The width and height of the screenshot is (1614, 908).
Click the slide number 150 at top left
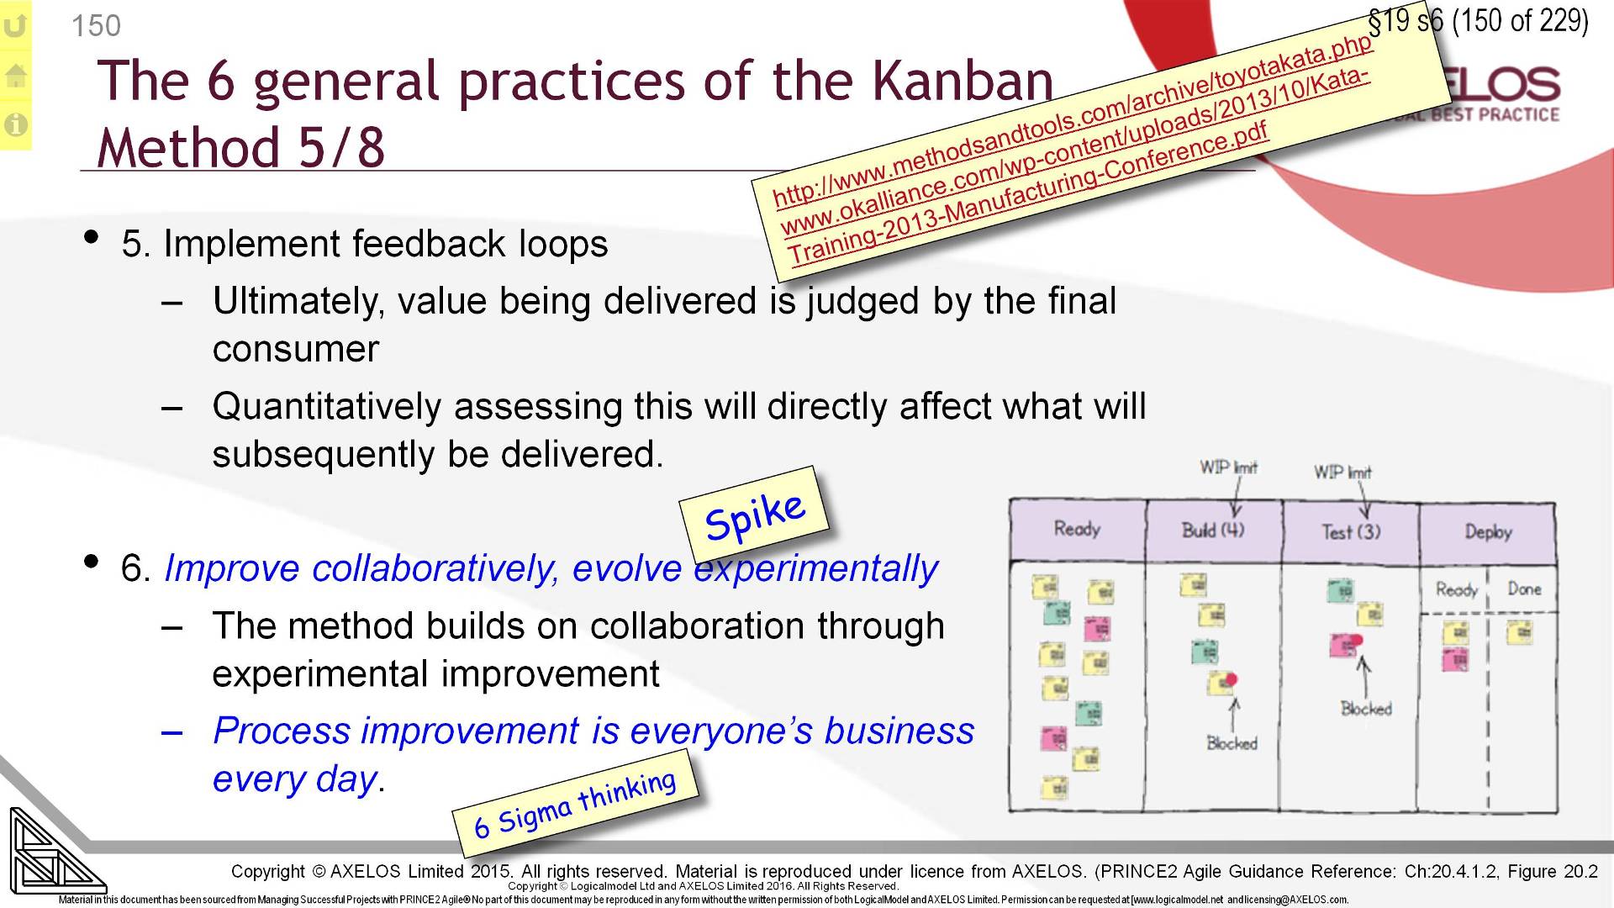(x=96, y=26)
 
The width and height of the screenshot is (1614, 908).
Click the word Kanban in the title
(x=962, y=82)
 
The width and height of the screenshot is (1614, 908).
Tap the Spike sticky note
(x=754, y=515)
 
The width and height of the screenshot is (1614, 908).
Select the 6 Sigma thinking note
(x=575, y=803)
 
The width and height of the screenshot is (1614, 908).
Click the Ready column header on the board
(x=1077, y=530)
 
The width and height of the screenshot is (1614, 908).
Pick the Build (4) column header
(x=1212, y=531)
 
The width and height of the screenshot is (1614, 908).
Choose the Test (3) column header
(x=1350, y=532)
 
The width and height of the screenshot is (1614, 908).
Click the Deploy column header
(x=1487, y=532)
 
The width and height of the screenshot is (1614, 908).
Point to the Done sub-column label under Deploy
(x=1523, y=589)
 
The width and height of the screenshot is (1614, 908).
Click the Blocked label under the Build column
(x=1232, y=743)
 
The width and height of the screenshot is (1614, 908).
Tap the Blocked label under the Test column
(x=1366, y=709)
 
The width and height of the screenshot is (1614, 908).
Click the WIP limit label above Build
(x=1228, y=467)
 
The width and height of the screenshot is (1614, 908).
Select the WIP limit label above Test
(x=1342, y=472)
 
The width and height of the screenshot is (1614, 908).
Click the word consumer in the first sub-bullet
(x=295, y=350)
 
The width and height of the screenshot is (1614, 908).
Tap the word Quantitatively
(x=326, y=407)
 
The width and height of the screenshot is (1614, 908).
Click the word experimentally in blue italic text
(x=815, y=569)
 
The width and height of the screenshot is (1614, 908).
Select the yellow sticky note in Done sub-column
(x=1518, y=631)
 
